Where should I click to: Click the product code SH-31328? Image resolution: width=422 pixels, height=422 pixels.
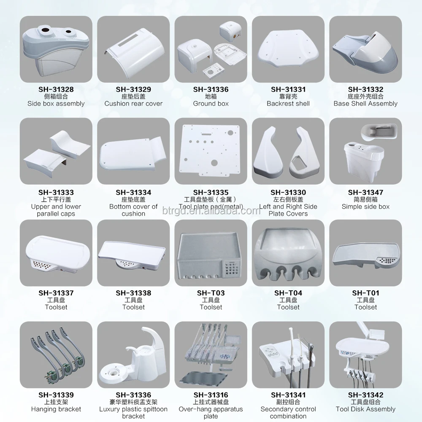[x=56, y=89]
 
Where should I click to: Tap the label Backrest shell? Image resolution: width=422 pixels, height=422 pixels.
[x=288, y=103]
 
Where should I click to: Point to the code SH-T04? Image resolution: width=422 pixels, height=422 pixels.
[x=288, y=293]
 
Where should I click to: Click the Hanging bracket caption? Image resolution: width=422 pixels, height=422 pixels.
[x=56, y=409]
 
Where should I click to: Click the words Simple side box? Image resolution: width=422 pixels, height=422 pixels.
[x=365, y=206]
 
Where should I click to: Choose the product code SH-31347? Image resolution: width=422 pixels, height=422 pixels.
[x=365, y=192]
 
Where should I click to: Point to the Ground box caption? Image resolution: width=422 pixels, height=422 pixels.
[x=211, y=103]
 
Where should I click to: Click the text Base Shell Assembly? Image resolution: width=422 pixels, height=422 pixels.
[x=365, y=103]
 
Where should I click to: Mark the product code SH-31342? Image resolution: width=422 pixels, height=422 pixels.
[x=365, y=395]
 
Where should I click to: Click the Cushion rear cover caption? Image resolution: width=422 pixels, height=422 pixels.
[x=133, y=103]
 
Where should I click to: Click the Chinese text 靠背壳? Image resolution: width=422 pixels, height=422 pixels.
[x=288, y=97]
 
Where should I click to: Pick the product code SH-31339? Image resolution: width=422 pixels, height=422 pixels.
[x=56, y=395]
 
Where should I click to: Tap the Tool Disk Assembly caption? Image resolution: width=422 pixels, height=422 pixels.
[x=365, y=409]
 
